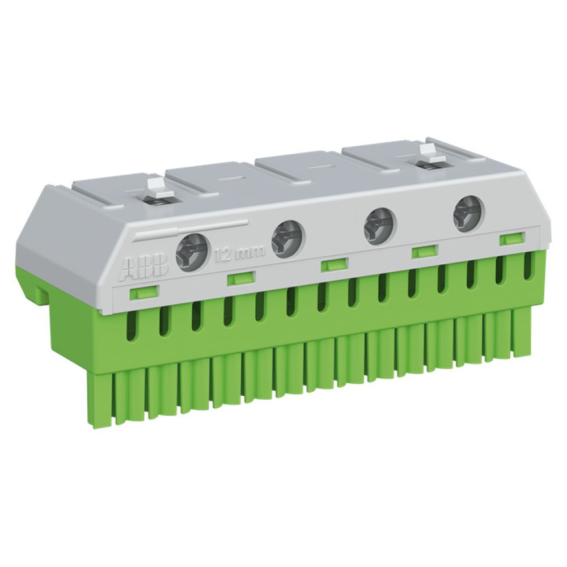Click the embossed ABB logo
144,269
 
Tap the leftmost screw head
192,252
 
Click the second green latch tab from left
241,278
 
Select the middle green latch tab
334,264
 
